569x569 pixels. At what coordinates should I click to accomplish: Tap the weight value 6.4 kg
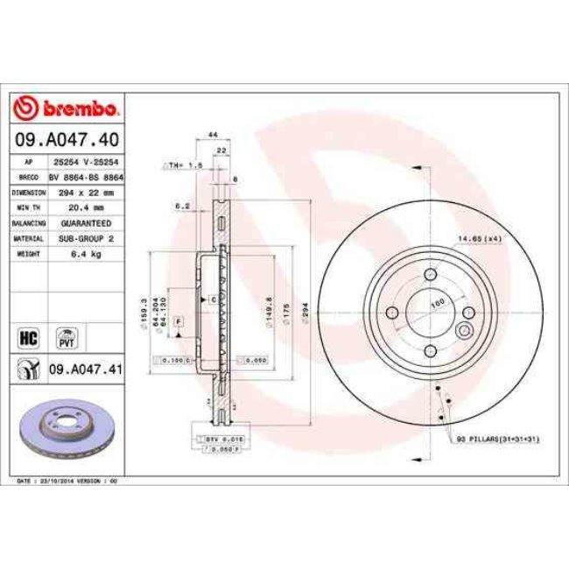coord(86,254)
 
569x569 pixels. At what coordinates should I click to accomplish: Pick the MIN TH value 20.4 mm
coord(86,207)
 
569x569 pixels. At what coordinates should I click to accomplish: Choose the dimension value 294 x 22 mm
coord(86,192)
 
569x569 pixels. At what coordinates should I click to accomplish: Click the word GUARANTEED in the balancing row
coord(86,222)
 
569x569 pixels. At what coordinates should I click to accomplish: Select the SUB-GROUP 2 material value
coord(86,238)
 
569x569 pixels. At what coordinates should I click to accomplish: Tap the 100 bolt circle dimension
coord(437,303)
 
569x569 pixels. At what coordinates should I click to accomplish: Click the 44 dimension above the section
coord(213,134)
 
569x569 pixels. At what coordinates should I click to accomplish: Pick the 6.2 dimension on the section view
coord(181,206)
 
